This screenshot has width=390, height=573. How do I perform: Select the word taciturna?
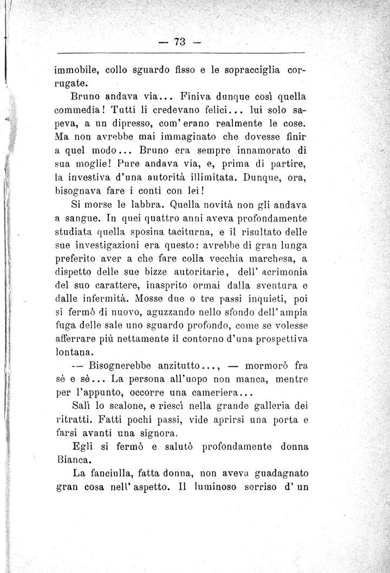tap(197, 235)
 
